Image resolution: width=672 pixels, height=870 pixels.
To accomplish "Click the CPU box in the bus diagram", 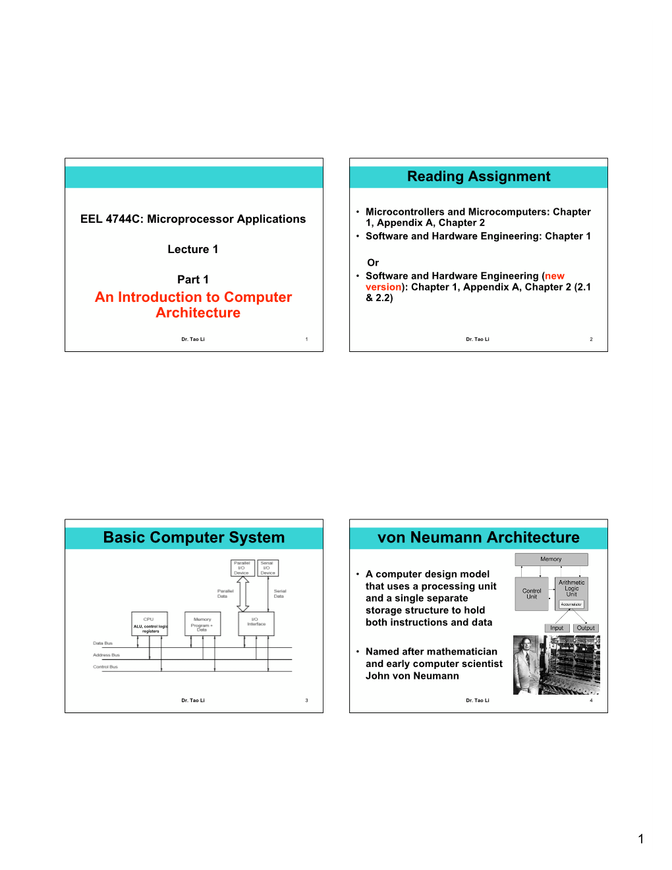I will (150, 623).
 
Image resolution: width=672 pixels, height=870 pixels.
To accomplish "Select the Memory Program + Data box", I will (202, 623).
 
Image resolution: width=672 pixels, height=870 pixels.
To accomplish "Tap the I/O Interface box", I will (256, 623).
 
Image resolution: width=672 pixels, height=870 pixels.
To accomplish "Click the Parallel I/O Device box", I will (242, 567).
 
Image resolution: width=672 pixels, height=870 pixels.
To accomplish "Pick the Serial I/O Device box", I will (267, 567).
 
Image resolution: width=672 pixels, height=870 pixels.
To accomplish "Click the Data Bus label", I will (103, 643).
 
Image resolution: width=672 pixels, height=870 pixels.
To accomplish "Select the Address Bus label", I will (106, 655).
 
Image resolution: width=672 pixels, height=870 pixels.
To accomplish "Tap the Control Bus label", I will (105, 667).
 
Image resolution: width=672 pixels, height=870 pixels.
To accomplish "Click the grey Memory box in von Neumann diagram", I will (551, 560).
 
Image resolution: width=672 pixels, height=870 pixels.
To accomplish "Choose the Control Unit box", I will (532, 594).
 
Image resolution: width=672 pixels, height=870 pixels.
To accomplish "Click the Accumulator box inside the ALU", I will (571, 604).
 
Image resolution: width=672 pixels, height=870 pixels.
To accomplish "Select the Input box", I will (557, 628).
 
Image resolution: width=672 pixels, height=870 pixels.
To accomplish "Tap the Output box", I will (586, 628).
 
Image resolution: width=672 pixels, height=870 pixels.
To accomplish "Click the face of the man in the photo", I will (526, 645).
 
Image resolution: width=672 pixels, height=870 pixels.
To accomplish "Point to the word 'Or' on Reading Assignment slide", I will (373, 262).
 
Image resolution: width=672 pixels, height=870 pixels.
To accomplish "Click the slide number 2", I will (591, 339).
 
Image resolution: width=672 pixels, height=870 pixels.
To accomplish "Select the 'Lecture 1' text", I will (193, 249).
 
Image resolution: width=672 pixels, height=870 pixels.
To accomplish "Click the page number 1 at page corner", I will (640, 839).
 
